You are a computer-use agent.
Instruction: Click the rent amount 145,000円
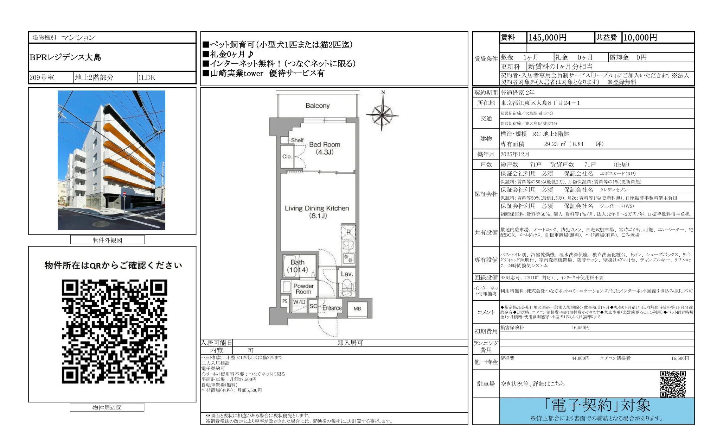point(547,38)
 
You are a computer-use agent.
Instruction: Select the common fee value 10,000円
point(640,38)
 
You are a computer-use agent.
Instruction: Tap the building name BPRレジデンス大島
point(65,57)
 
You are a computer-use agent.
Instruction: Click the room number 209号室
point(42,78)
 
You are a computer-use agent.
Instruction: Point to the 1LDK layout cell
point(147,78)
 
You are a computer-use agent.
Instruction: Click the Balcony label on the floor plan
point(317,106)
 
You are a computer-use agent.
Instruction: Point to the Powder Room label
point(303,289)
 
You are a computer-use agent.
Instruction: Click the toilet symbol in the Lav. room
point(347,287)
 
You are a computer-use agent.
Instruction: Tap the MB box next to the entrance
point(357,309)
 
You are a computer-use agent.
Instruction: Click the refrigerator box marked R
point(348,232)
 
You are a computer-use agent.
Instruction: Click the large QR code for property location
point(114,331)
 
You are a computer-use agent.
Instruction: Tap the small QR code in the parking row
point(673,384)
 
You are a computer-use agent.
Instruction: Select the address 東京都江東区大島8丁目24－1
point(540,103)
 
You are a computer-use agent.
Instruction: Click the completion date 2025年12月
point(515,155)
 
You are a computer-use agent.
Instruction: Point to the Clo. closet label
point(287,157)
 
